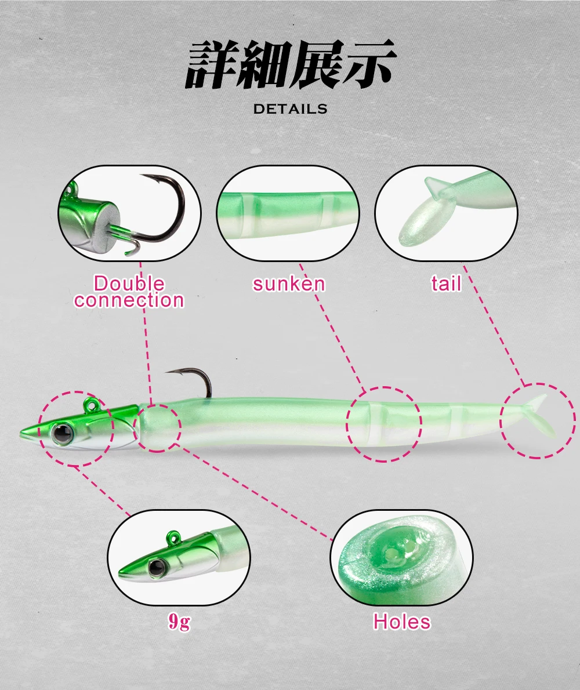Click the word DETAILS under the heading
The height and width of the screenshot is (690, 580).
[x=290, y=109]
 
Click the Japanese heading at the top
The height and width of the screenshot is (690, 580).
[x=291, y=64]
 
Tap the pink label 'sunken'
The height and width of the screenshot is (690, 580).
[x=289, y=284]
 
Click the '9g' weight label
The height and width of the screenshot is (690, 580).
[x=180, y=622]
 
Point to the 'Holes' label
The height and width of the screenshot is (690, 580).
[x=402, y=622]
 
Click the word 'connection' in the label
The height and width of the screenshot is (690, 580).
[x=129, y=300]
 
